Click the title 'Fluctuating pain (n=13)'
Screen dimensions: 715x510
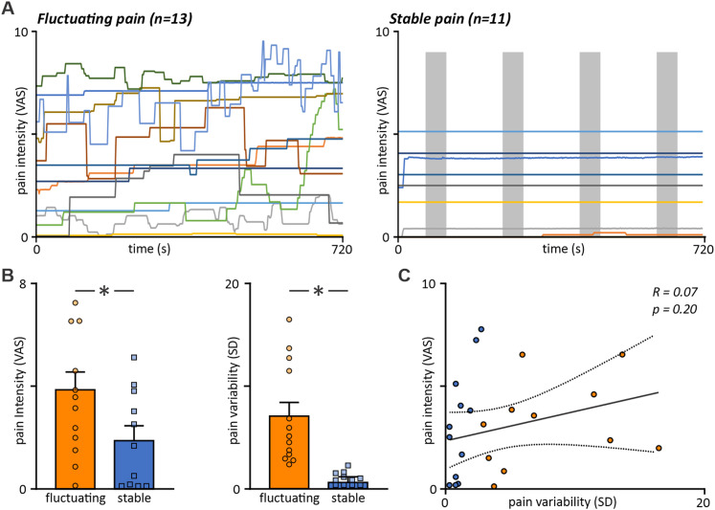[114, 20]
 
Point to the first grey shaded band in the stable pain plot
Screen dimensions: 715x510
[436, 144]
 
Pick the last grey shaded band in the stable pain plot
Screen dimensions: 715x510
[667, 144]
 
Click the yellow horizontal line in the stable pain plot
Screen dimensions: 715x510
[551, 202]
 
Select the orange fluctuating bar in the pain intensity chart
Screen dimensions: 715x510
[76, 439]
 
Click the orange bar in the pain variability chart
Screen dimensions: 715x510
[290, 453]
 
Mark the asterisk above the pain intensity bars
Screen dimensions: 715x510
[104, 292]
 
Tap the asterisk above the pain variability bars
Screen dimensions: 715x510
[319, 292]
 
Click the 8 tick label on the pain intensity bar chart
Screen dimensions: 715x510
[20, 283]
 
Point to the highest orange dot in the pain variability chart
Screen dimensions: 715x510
[289, 320]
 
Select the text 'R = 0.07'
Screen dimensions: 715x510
[673, 292]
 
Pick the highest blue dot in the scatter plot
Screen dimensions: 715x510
[481, 329]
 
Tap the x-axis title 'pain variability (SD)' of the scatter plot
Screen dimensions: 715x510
[563, 501]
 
